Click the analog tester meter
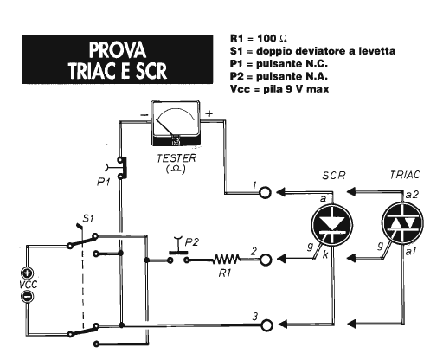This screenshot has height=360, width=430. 176,123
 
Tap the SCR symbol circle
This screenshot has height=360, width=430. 332,225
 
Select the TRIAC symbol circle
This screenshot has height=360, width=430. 402,223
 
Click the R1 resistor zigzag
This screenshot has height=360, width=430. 227,260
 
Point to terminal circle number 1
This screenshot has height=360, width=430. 265,192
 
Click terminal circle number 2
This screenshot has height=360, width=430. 266,260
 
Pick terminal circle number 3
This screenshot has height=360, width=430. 266,325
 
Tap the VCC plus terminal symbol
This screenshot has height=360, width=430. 28,273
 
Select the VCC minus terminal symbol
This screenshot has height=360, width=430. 28,297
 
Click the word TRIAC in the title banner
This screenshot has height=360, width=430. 93,71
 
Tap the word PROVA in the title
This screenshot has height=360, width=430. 118,50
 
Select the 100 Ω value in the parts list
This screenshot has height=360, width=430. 272,38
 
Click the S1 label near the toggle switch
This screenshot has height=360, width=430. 88,218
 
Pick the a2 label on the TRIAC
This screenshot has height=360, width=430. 412,195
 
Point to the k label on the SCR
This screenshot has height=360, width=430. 325,254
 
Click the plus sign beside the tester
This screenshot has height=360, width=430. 209,113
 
